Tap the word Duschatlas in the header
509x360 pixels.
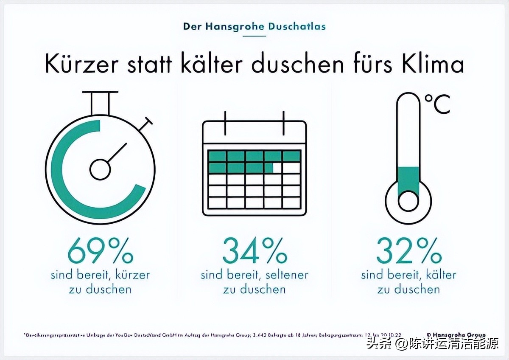click(x=297, y=26)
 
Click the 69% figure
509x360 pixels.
click(x=101, y=251)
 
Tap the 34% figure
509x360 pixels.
click(x=255, y=251)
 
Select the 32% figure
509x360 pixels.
click(x=409, y=251)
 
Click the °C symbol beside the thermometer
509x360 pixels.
click(x=437, y=104)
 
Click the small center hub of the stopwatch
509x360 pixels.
click(x=100, y=169)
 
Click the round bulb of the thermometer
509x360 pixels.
click(x=408, y=200)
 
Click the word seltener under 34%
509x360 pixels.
click(x=287, y=275)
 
